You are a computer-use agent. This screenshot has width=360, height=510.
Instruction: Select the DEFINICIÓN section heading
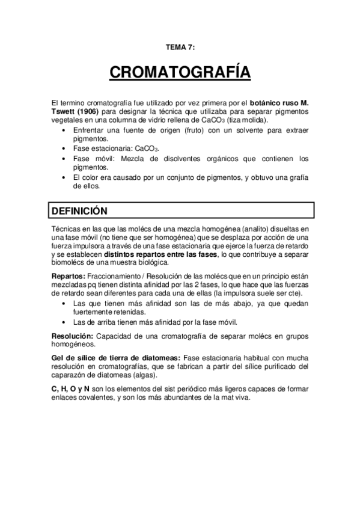pos(79,211)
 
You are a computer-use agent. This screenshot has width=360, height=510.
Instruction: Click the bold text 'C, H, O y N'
pos(70,388)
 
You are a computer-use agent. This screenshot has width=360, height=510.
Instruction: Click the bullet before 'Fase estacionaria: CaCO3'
pos(65,148)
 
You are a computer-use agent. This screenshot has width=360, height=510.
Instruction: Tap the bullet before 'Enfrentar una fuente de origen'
pos(65,129)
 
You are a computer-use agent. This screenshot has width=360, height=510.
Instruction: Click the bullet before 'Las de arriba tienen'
pos(65,322)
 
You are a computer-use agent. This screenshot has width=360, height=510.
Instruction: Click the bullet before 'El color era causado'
pos(65,177)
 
